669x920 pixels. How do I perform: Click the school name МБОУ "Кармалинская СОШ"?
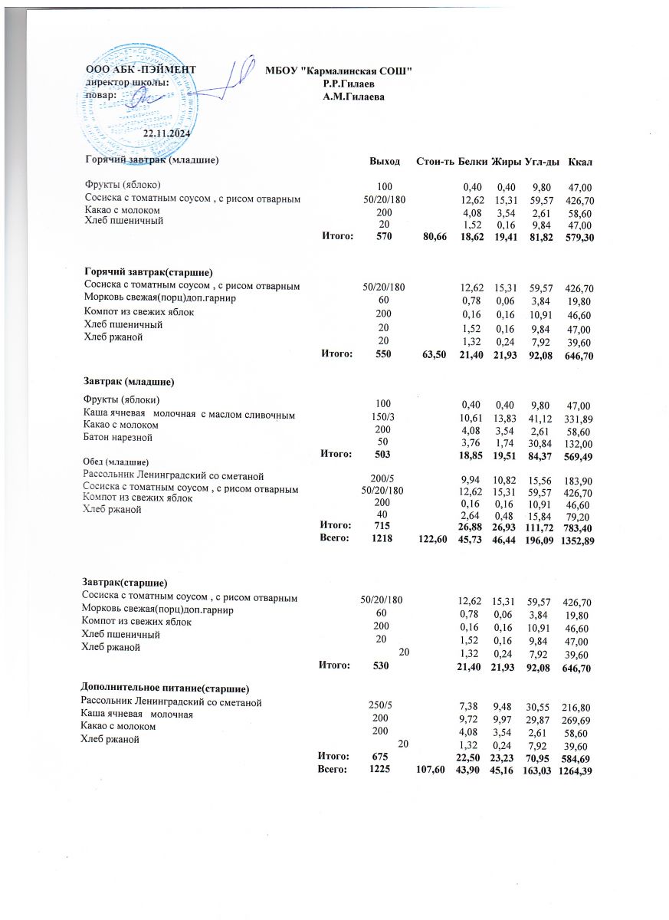tap(339, 71)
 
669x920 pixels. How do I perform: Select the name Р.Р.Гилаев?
tap(349, 83)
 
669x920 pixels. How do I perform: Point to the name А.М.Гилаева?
tap(354, 97)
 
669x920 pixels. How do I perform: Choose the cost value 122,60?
tap(429, 540)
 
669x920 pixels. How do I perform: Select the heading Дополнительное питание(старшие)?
tap(166, 688)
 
